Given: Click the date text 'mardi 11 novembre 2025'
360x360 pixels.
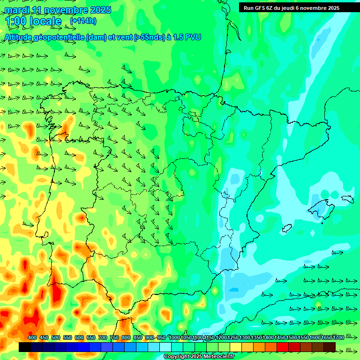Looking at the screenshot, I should (58, 10).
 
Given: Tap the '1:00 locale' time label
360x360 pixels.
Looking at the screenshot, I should (33, 21).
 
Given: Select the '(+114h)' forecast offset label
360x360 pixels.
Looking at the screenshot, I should (83, 21).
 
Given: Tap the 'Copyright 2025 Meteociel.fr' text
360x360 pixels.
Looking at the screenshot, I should (199, 357).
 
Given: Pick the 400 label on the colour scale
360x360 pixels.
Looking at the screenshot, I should (32, 337).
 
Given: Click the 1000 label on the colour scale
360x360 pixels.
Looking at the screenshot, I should (174, 337).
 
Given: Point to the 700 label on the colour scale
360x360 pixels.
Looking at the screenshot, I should (103, 337).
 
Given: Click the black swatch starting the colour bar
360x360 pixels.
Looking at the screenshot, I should (25, 347).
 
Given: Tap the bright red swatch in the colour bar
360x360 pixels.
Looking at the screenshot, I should (283, 347).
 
